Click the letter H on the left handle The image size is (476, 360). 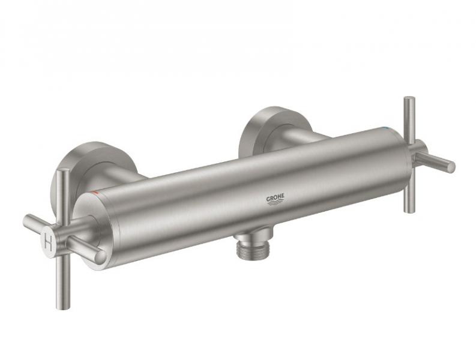point(49,242)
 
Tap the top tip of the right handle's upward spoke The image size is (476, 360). point(408,100)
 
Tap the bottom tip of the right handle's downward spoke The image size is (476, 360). point(409,209)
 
